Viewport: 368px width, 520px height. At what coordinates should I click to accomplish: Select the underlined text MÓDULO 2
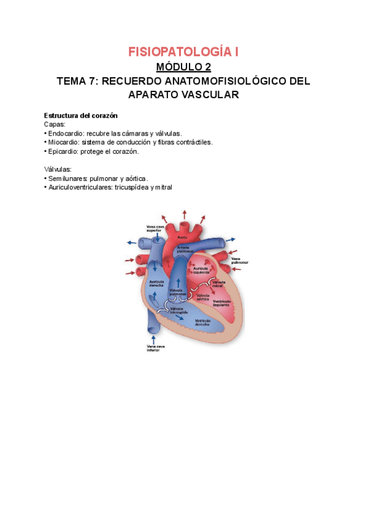coord(183,67)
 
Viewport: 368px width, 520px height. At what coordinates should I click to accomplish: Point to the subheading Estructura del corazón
coord(80,116)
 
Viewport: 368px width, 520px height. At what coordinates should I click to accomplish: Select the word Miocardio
coord(64,142)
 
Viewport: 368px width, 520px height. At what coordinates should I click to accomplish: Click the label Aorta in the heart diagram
coord(182,237)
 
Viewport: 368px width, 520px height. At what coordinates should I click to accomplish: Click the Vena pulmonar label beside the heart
coord(240,262)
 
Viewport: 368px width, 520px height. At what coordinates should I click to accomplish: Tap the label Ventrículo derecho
coord(204,323)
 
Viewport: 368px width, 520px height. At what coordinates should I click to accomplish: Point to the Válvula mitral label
coord(218,284)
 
